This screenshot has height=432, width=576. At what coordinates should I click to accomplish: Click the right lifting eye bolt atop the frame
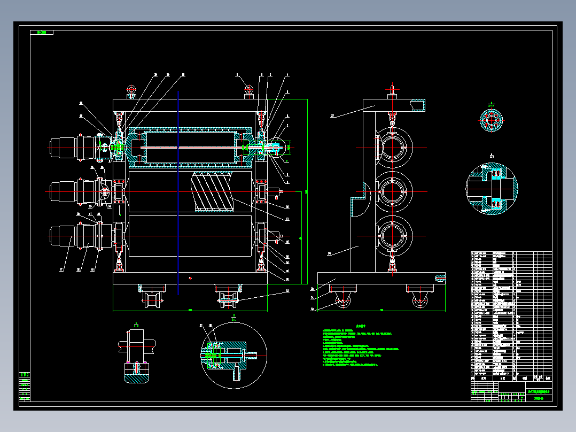(248, 90)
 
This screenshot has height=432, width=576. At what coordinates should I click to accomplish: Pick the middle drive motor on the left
(64, 191)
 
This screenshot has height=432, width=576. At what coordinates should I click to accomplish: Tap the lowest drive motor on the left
(64, 236)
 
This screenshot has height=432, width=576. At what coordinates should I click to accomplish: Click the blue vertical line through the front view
(178, 192)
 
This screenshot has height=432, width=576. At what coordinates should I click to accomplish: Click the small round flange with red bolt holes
(490, 120)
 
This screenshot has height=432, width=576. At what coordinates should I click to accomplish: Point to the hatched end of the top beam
(417, 105)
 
